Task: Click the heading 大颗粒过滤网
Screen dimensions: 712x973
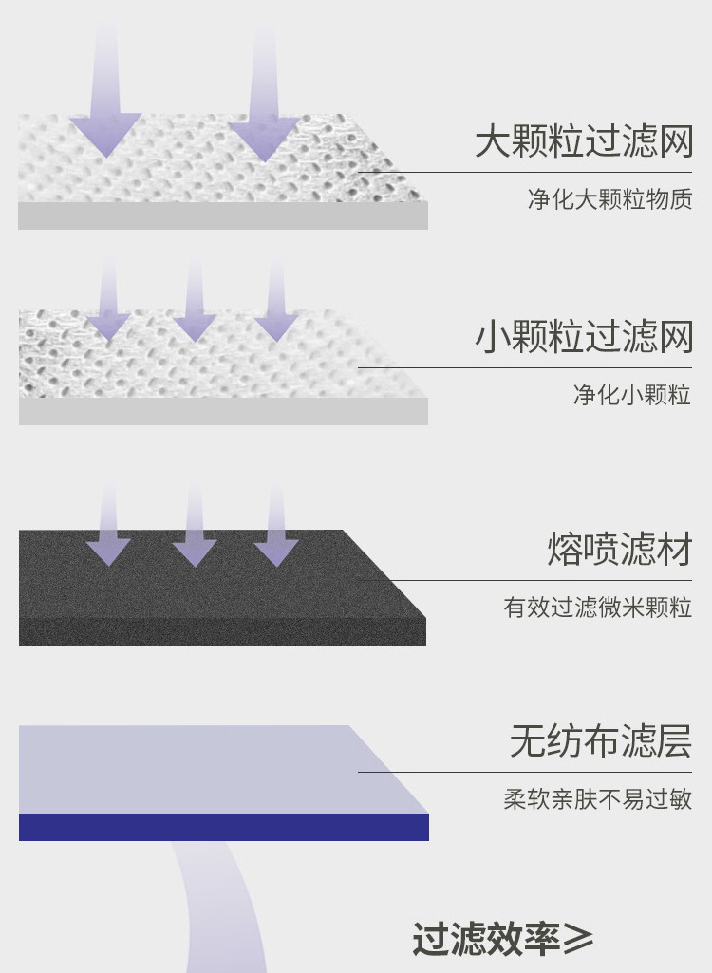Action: [x=584, y=142]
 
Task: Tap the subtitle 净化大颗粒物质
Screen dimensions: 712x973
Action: [x=609, y=199]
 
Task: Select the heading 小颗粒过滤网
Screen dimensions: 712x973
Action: [x=584, y=338]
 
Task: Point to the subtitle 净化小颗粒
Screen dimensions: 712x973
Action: [x=631, y=394]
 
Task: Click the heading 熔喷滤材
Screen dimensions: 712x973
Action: [x=619, y=550]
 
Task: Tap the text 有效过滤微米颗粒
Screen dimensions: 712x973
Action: [x=597, y=608]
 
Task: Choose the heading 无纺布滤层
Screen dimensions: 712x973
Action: [x=600, y=741]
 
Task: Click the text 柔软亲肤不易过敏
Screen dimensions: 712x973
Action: [x=597, y=799]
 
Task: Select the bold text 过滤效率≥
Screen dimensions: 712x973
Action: [x=502, y=939]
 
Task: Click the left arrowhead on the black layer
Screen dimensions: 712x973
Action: [x=108, y=552]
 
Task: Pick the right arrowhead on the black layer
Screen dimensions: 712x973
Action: [x=276, y=552]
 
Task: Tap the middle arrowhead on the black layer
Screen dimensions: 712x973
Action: [x=194, y=552]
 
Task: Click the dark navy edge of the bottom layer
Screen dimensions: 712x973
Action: [x=223, y=827]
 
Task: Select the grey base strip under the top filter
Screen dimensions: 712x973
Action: [x=223, y=215]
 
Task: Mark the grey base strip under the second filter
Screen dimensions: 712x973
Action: [x=223, y=411]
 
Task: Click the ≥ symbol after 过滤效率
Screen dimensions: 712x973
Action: [x=577, y=939]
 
